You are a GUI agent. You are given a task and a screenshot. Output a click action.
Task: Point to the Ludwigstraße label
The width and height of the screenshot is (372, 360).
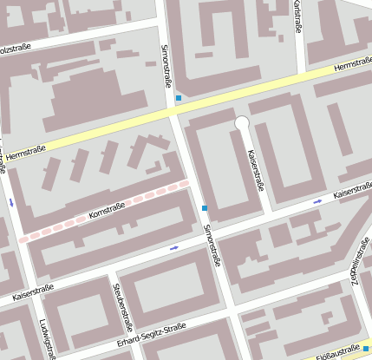click(x=46, y=339)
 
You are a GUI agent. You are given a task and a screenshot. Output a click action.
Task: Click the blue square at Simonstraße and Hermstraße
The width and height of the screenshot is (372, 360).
click(x=179, y=98)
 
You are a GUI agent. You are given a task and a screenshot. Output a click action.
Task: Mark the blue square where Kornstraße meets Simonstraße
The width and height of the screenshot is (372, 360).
click(x=205, y=208)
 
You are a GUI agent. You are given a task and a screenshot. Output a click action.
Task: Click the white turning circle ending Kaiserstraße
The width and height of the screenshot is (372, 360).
click(x=242, y=124)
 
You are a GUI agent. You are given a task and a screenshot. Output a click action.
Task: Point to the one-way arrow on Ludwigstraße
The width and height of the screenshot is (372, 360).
click(x=11, y=201)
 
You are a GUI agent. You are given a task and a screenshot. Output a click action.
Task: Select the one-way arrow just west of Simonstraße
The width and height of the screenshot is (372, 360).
click(x=174, y=248)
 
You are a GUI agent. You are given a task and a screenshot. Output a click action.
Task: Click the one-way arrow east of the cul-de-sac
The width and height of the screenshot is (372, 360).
click(x=317, y=201)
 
